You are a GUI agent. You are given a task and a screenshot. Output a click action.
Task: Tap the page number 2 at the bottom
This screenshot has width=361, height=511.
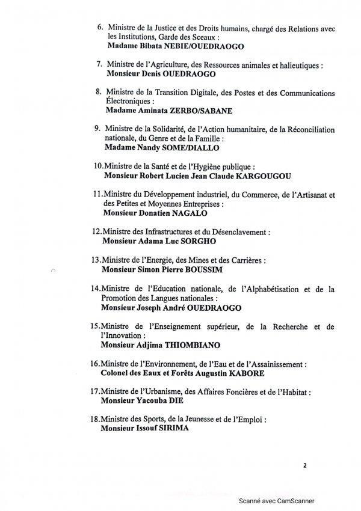pyautogui.click(x=305, y=464)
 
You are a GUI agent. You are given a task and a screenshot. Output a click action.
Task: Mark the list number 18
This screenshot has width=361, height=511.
pyautogui.click(x=94, y=419)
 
